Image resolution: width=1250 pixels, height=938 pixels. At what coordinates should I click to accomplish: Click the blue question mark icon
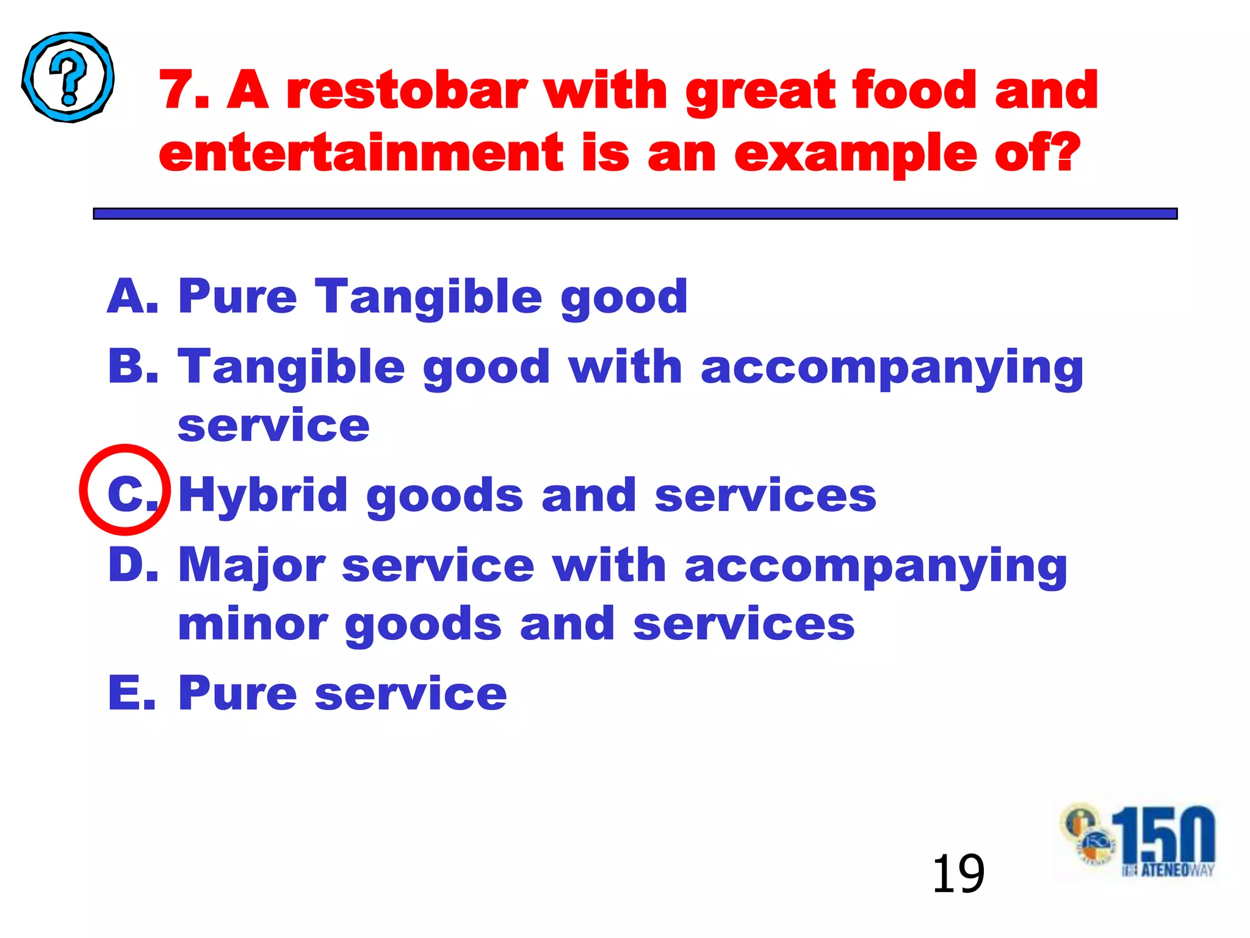point(68,77)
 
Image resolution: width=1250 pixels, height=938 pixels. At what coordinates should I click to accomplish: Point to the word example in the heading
point(855,154)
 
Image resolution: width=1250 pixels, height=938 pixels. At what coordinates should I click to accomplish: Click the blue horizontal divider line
point(635,213)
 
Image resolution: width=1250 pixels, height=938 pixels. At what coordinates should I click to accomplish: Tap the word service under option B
point(273,425)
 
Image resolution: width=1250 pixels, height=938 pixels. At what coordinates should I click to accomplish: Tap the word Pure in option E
point(237,693)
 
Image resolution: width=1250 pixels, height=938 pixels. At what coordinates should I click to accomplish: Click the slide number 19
point(958,874)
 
